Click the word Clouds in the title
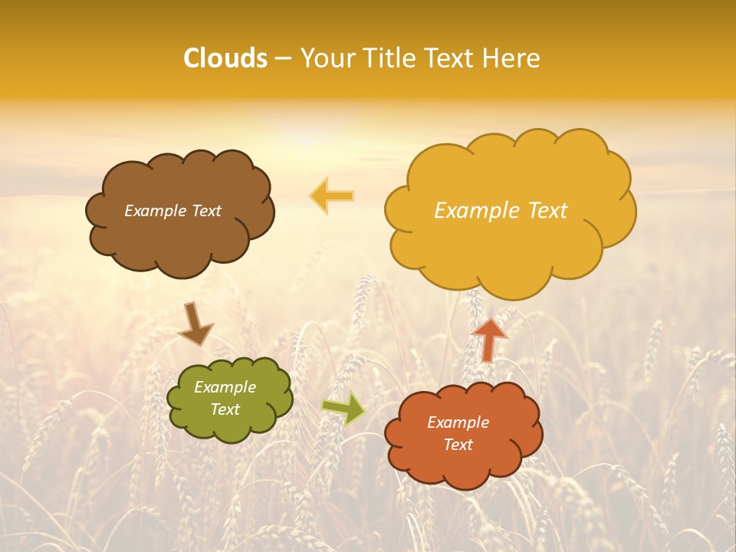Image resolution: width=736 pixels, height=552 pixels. tap(225, 58)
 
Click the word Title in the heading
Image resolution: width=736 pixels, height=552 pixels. tap(390, 58)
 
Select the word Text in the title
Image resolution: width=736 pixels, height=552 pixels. tap(450, 58)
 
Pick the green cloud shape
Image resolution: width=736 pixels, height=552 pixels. tap(230, 426)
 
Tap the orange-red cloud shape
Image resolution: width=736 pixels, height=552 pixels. tap(464, 468)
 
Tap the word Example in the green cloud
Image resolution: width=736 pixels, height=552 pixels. tap(225, 387)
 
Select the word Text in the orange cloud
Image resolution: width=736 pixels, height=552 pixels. tap(458, 445)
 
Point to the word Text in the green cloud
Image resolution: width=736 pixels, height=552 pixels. tap(225, 409)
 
